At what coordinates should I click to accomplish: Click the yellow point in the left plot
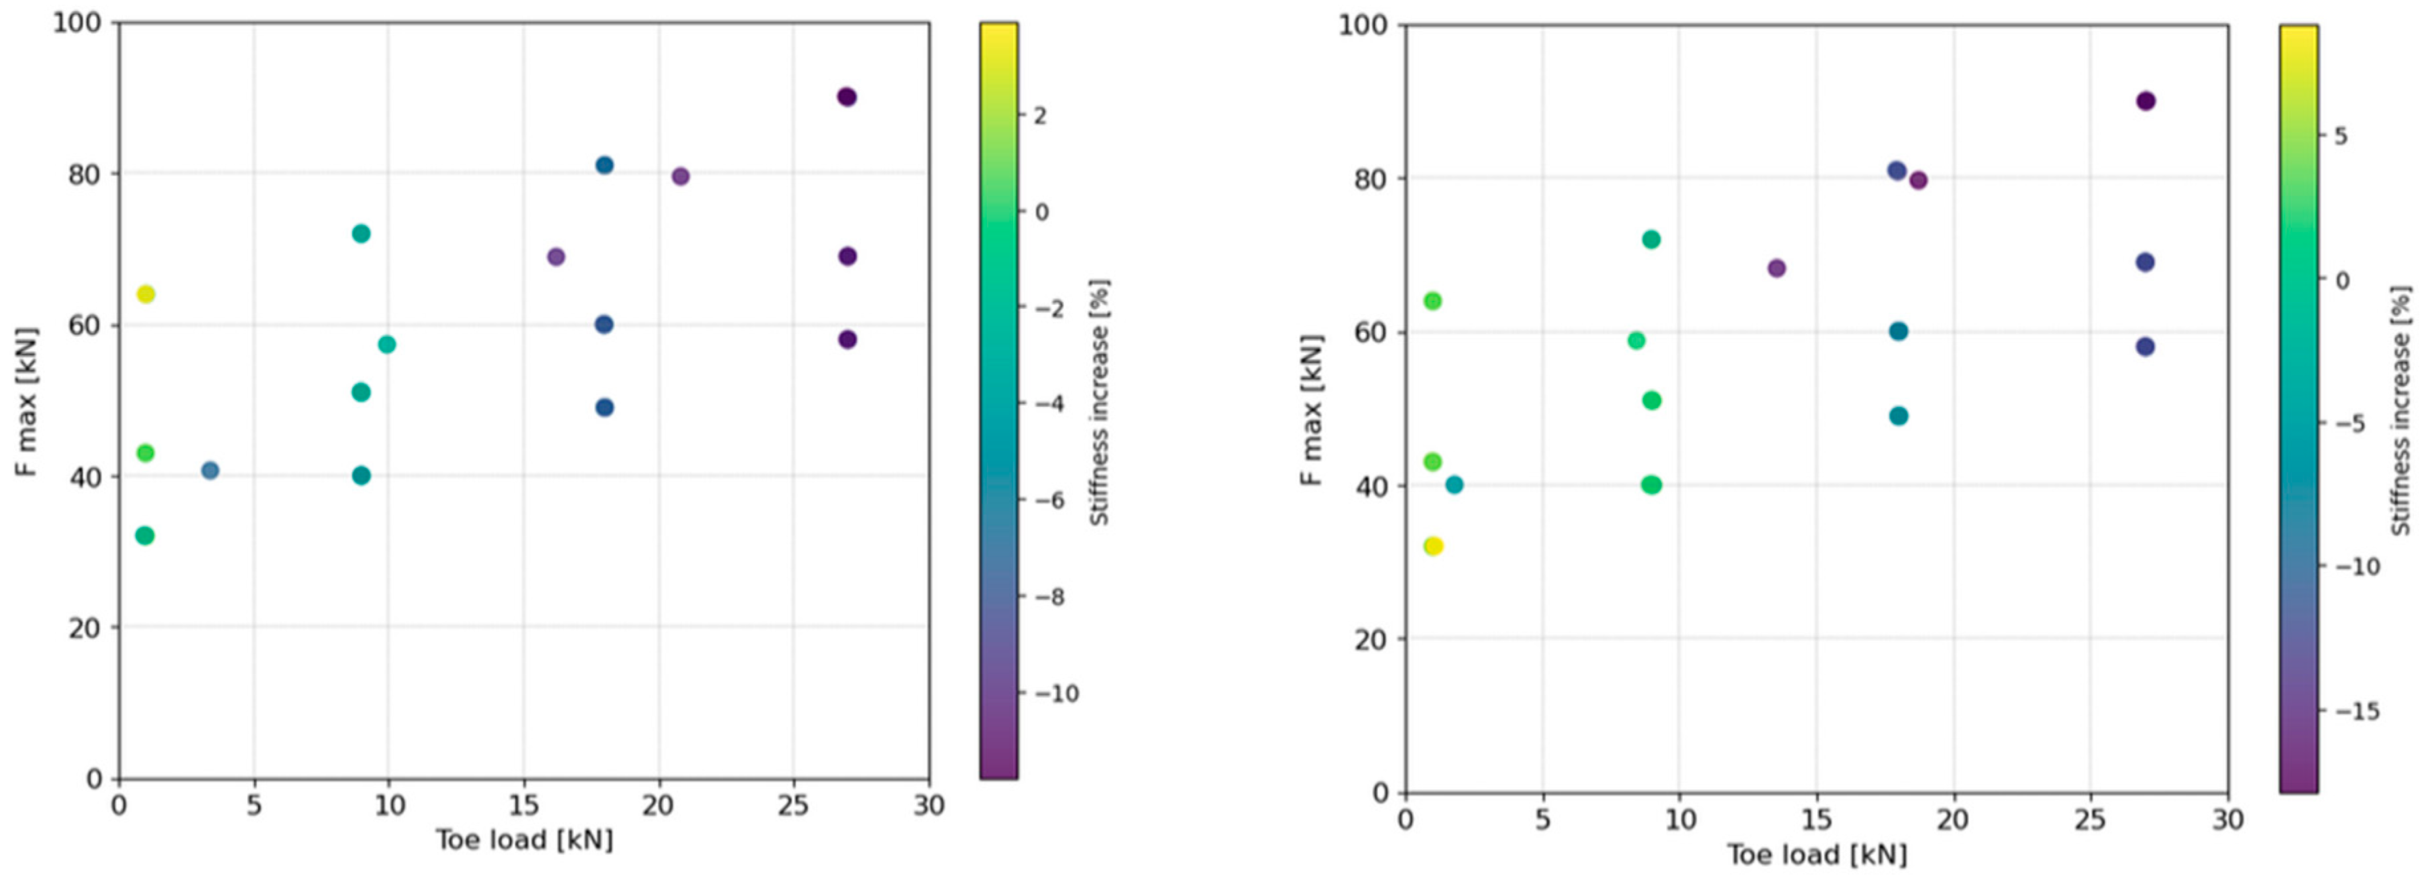pyautogui.click(x=146, y=294)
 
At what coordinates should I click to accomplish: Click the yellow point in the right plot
pyautogui.click(x=1432, y=547)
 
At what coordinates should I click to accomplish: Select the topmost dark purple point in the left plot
pyautogui.click(x=847, y=97)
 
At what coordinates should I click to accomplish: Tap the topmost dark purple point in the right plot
pyautogui.click(x=2145, y=102)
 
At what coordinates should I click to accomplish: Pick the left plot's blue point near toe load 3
pyautogui.click(x=210, y=470)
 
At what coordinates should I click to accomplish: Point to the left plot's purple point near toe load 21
pyautogui.click(x=680, y=176)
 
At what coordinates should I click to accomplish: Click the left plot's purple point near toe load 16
pyautogui.click(x=556, y=257)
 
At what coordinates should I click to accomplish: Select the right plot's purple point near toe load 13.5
pyautogui.click(x=1776, y=268)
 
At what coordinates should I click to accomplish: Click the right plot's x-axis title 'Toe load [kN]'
pyautogui.click(x=1817, y=855)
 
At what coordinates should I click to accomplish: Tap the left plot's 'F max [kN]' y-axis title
pyautogui.click(x=28, y=402)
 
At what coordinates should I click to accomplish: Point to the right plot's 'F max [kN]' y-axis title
pyautogui.click(x=1313, y=411)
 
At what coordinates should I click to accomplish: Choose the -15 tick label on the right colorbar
pyautogui.click(x=2357, y=711)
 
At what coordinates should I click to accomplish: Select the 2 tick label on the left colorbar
pyautogui.click(x=1041, y=117)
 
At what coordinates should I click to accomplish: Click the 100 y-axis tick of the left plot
pyautogui.click(x=78, y=23)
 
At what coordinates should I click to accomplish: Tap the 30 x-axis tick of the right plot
pyautogui.click(x=2227, y=820)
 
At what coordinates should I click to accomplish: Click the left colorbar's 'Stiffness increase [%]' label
pyautogui.click(x=1099, y=402)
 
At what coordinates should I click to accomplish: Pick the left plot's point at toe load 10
pyautogui.click(x=387, y=345)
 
